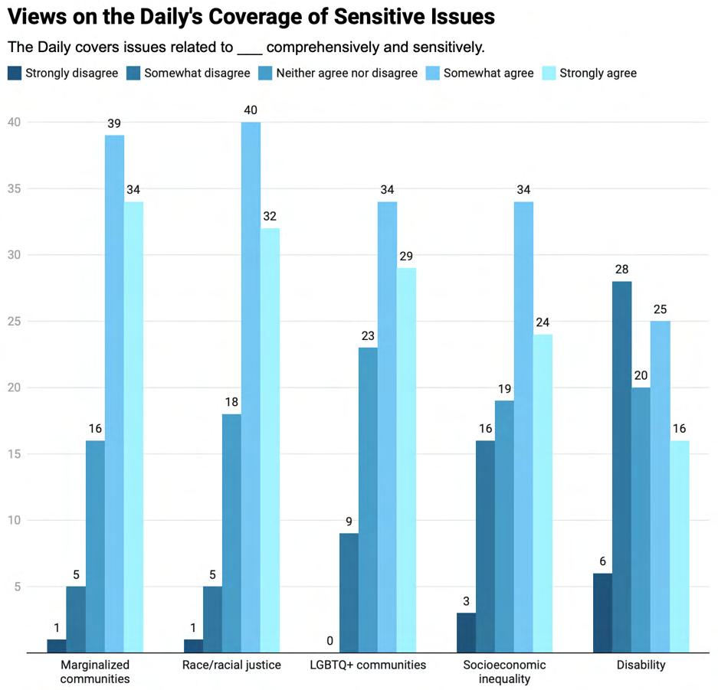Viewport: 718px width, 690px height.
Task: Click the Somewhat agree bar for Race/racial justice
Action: [251, 388]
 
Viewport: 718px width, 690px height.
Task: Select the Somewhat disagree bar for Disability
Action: [621, 467]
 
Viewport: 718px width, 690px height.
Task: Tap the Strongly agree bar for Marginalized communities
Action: [133, 427]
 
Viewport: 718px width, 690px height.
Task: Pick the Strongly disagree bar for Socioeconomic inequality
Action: [466, 633]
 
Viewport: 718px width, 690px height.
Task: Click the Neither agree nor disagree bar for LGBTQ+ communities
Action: [368, 500]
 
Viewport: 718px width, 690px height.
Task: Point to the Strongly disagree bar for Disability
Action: [602, 613]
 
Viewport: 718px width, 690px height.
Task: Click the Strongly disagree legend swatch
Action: [15, 74]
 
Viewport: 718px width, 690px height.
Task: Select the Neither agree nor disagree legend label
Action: [346, 74]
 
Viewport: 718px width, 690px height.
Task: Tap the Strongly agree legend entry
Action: [590, 74]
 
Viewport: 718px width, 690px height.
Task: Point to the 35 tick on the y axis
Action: [16, 188]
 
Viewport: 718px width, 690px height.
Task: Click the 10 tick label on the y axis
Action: [16, 521]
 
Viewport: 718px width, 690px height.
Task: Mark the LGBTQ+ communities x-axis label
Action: [368, 665]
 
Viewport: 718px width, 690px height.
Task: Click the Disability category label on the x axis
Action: [641, 665]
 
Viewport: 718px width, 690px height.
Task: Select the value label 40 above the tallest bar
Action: [251, 110]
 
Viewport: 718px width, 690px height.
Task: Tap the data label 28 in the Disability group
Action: [621, 269]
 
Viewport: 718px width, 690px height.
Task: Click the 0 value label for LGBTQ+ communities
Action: [329, 640]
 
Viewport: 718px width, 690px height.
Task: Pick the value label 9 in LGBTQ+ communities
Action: [349, 521]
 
